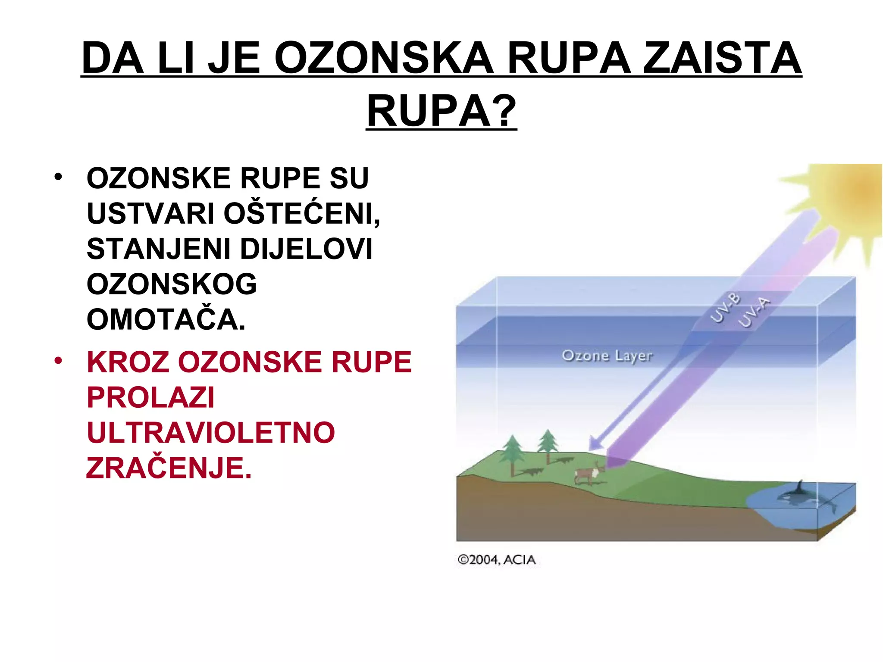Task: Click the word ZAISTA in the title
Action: tap(722, 58)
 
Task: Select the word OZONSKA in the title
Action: tap(383, 58)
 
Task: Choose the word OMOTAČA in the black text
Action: tap(166, 320)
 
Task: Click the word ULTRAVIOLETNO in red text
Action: tap(211, 433)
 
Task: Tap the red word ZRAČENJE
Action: tap(169, 468)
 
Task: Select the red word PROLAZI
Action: tap(150, 397)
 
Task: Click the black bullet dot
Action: tap(59, 177)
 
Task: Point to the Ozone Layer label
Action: tap(607, 356)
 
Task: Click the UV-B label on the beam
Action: tap(726, 308)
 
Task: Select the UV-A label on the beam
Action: tap(754, 312)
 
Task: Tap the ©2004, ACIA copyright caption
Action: tap(496, 560)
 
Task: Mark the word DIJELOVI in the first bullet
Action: tap(306, 249)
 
